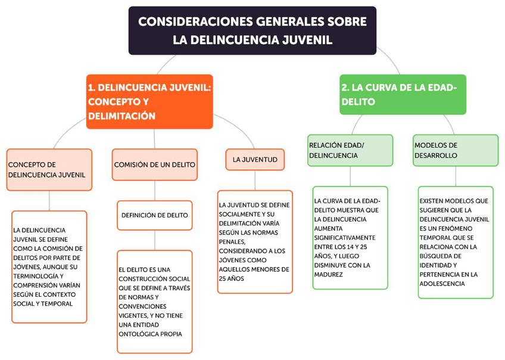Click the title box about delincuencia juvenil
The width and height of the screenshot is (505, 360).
coord(253,30)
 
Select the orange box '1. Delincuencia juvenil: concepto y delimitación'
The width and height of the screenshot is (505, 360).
coord(149,101)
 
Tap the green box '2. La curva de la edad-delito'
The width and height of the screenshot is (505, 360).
coord(403,94)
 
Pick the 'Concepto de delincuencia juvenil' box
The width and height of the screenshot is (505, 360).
coord(49,169)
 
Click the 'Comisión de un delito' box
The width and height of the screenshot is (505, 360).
coord(155,165)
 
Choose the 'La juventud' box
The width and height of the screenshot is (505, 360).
coord(255,160)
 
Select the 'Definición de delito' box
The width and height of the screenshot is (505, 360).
coord(155,215)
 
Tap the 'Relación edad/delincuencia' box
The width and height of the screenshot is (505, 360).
coord(350,150)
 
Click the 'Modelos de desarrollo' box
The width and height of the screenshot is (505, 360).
coord(456,150)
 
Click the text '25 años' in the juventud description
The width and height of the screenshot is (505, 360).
coord(232,278)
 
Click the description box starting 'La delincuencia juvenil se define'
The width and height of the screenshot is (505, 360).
coord(49,266)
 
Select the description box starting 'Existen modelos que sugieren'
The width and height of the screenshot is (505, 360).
coord(456,242)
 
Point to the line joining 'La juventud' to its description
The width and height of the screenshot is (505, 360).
coord(255,179)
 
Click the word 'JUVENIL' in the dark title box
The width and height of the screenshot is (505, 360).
coord(309,40)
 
